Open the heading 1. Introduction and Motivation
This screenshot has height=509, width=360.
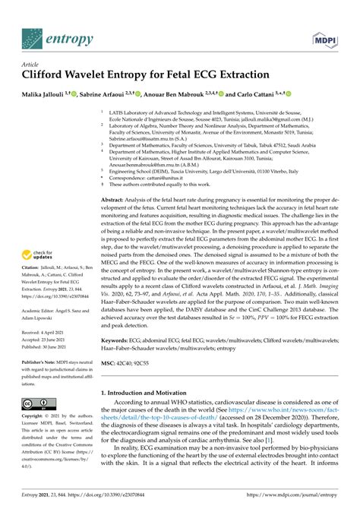[153, 413]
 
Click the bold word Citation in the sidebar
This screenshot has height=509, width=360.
[32, 269]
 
